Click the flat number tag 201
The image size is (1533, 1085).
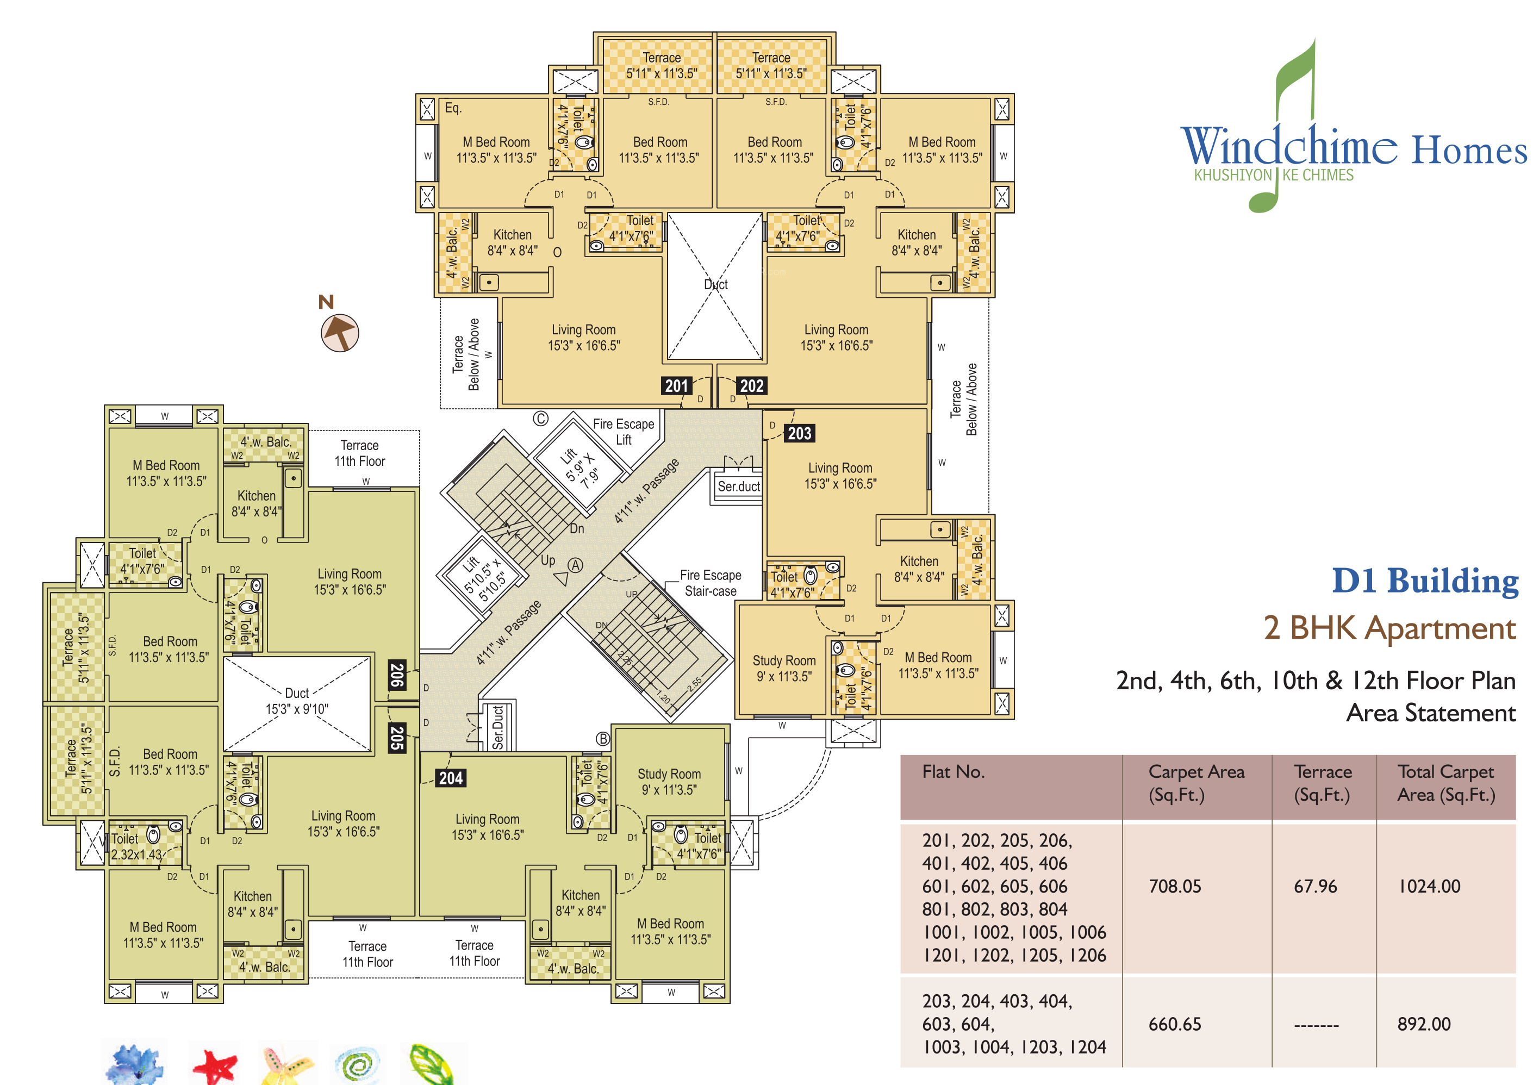click(x=676, y=385)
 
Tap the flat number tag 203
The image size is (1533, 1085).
click(x=799, y=434)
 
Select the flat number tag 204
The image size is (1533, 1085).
click(x=451, y=778)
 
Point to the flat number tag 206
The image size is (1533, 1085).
click(x=397, y=675)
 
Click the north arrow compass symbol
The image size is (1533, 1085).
click(x=339, y=332)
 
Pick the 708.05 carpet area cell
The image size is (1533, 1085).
click(x=1174, y=887)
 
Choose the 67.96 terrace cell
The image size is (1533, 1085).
click(x=1314, y=887)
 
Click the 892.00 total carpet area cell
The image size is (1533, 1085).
click(x=1423, y=1024)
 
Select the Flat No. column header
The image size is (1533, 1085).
click(x=953, y=772)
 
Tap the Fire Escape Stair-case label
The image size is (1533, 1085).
click(x=710, y=583)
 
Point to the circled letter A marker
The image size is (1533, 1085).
click(x=575, y=565)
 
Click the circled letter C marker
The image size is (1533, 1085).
click(x=540, y=419)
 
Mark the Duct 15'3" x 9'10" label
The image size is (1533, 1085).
click(x=297, y=701)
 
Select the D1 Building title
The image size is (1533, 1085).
click(x=1425, y=580)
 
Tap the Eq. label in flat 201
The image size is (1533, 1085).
click(x=453, y=108)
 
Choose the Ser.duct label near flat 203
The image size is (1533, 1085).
click(x=739, y=487)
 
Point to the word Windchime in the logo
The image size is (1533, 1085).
click(x=1288, y=147)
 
